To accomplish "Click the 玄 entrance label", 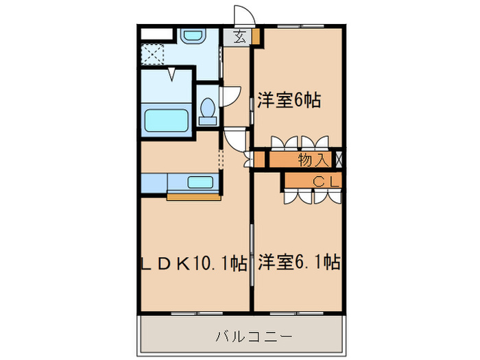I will [239, 37].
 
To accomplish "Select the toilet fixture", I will [207, 110].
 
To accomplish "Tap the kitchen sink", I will [200, 182].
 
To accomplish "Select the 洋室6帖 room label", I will [289, 99].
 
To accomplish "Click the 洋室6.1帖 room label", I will [298, 261].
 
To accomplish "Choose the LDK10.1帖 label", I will [193, 261].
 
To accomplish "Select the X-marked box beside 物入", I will [338, 160].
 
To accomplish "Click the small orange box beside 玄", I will [255, 36].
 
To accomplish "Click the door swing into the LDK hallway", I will [235, 140].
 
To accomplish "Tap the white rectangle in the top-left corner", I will [156, 32].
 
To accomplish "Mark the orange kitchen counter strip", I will [193, 197].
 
